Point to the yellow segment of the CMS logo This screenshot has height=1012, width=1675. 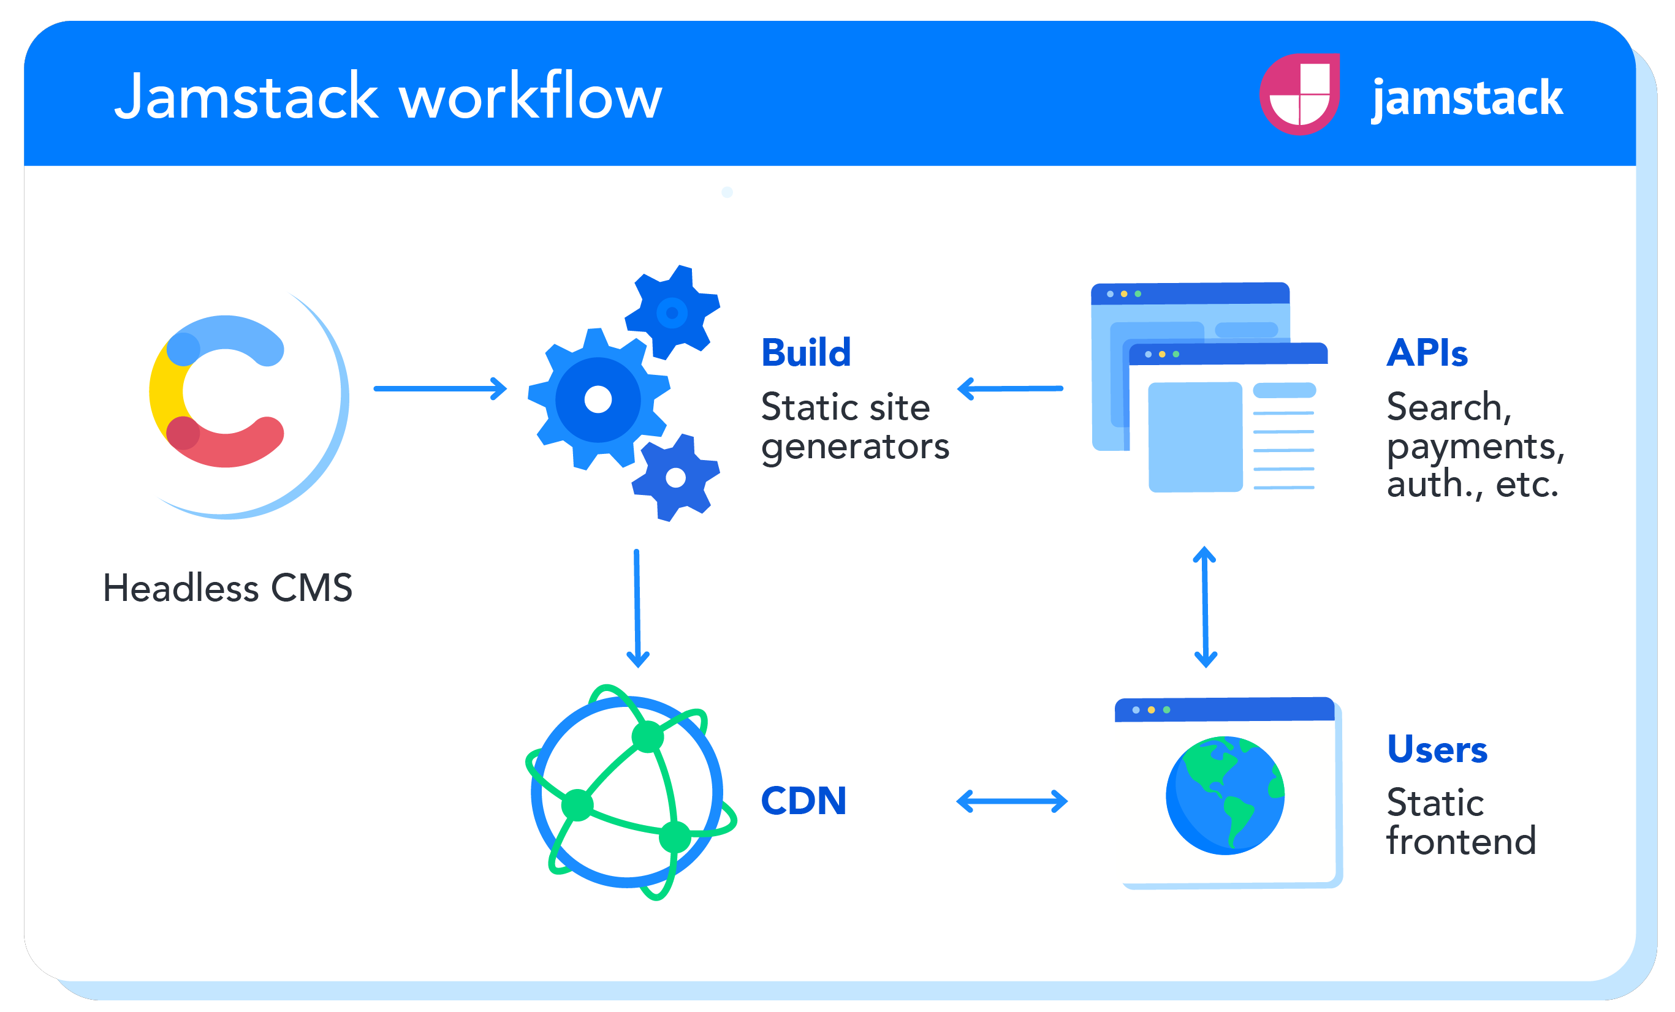[x=163, y=394]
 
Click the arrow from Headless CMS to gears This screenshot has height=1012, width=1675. [x=440, y=389]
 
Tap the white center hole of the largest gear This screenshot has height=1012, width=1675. [x=598, y=399]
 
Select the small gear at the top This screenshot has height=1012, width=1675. [x=672, y=312]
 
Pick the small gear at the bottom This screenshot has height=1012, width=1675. [x=675, y=478]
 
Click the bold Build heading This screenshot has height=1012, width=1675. [x=805, y=353]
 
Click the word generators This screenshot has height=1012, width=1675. [x=854, y=447]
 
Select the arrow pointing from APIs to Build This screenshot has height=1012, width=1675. [x=1010, y=389]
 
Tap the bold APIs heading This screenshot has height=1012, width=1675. [x=1427, y=353]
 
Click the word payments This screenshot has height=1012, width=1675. [x=1475, y=447]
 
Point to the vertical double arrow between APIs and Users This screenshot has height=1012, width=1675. [x=1204, y=607]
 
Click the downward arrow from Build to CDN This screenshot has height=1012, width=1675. [x=637, y=608]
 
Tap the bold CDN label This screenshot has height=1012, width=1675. [x=803, y=801]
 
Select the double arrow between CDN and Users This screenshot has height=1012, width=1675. [x=1011, y=801]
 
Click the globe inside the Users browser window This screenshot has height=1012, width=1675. [x=1225, y=795]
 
